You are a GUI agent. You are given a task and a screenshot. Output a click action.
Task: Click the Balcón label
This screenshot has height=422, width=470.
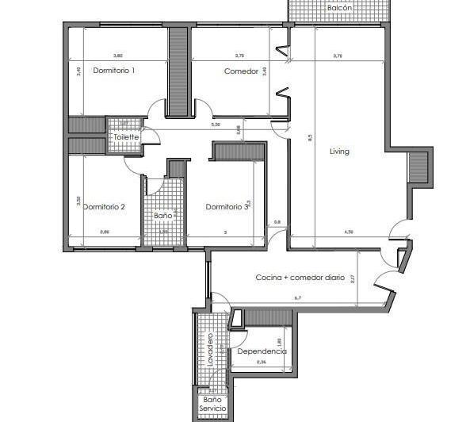pyautogui.click(x=340, y=8)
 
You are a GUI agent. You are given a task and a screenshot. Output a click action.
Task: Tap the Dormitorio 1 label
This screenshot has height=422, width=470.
pyautogui.click(x=114, y=71)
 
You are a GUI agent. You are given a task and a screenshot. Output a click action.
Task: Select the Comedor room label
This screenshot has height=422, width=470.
pyautogui.click(x=241, y=71)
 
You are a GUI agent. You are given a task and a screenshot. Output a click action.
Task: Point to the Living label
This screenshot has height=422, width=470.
pyautogui.click(x=339, y=152)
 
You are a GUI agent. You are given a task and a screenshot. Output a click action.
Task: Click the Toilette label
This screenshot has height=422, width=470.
pyautogui.click(x=126, y=137)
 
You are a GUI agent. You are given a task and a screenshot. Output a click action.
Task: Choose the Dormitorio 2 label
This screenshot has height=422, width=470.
pyautogui.click(x=104, y=207)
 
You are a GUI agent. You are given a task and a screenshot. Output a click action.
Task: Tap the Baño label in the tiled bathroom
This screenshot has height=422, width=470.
pyautogui.click(x=162, y=215)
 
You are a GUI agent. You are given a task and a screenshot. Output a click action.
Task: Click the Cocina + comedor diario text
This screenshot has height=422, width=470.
pyautogui.click(x=300, y=278)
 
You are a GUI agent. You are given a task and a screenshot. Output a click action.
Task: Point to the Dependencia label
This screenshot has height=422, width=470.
pyautogui.click(x=262, y=351)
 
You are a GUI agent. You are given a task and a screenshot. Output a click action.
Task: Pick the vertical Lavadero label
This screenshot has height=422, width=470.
pyautogui.click(x=211, y=350)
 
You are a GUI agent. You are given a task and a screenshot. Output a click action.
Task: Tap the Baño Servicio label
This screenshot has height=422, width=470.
pyautogui.click(x=212, y=404)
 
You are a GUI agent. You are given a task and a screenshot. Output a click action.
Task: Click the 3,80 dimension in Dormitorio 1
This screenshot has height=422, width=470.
pyautogui.click(x=118, y=56)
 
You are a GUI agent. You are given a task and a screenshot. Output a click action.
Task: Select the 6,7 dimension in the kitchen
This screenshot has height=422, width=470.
pyautogui.click(x=298, y=298)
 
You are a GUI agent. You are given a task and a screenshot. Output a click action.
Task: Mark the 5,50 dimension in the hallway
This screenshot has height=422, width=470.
pyautogui.click(x=215, y=125)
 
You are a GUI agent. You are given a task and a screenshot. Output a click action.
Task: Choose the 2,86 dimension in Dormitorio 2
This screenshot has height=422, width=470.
pyautogui.click(x=105, y=232)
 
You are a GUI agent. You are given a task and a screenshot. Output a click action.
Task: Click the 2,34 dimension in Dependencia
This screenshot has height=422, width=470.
pyautogui.click(x=262, y=362)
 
